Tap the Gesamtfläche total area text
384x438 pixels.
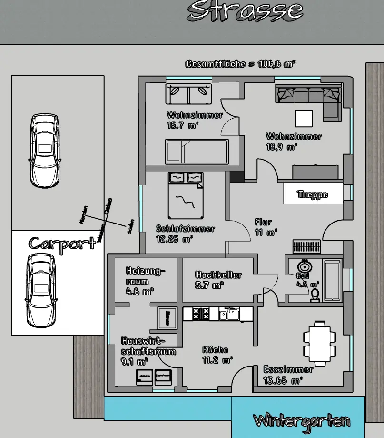point(240,64)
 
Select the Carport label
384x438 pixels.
point(61,243)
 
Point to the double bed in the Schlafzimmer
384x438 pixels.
point(185,195)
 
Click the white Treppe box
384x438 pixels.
point(313,194)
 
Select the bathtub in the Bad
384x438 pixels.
point(332,280)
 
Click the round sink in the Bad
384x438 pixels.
point(303,267)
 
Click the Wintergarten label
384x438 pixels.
point(302,421)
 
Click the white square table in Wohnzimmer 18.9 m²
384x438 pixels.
point(304,117)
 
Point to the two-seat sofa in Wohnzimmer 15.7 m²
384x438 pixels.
point(188,94)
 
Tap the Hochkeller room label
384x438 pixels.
point(218,275)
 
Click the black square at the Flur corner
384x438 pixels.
point(236,176)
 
